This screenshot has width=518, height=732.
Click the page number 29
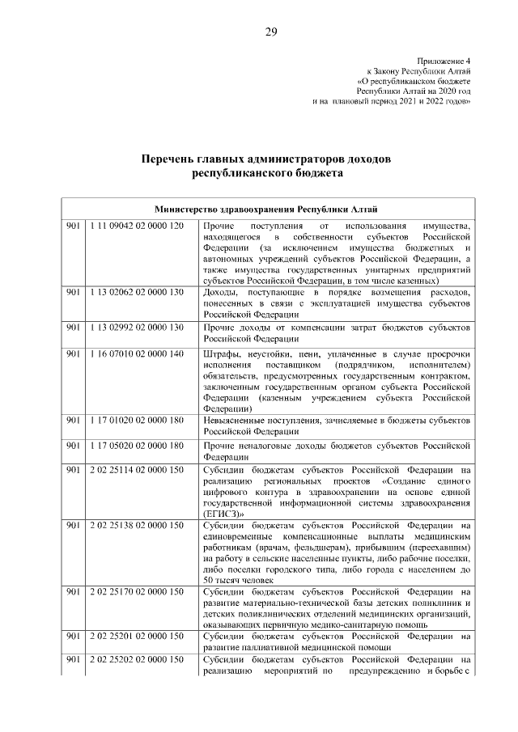[x=270, y=32]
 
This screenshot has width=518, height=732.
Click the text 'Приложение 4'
[x=444, y=61]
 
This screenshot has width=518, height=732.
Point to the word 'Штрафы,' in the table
[x=223, y=354]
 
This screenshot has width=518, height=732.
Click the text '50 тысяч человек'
[x=236, y=581]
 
